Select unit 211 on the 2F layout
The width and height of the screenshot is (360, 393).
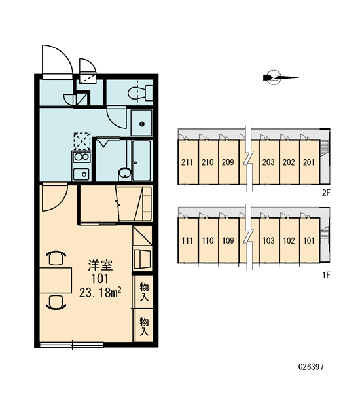tap(187, 162)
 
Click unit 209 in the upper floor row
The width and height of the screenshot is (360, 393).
tap(228, 162)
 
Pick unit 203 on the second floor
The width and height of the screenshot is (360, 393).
tap(268, 162)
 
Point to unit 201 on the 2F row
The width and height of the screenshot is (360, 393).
tap(309, 162)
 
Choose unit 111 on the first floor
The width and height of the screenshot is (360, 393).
tap(187, 240)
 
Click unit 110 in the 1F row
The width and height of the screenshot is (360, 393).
tap(207, 240)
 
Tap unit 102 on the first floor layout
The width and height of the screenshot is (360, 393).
tap(289, 240)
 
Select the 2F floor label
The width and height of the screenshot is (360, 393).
tap(327, 193)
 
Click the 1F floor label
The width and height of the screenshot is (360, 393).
tap(327, 276)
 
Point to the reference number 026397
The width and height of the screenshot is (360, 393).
tap(311, 367)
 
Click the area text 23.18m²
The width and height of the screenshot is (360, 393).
tap(101, 292)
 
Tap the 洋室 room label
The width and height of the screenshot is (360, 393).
tap(100, 266)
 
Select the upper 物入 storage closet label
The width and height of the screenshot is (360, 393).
tap(144, 291)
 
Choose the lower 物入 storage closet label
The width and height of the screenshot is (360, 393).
tap(144, 326)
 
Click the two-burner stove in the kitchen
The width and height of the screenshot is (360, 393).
tap(82, 157)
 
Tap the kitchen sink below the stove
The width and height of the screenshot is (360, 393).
tap(81, 174)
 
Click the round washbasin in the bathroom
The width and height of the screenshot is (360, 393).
tap(124, 173)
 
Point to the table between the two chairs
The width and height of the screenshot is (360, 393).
tap(56, 280)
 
